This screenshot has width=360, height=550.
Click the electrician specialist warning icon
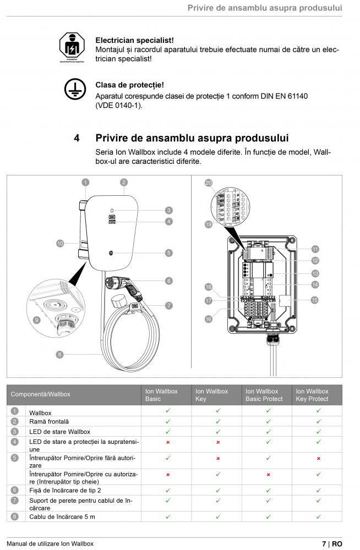(73, 48)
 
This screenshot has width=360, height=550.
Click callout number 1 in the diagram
(85, 182)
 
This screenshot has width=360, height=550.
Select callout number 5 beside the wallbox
(168, 253)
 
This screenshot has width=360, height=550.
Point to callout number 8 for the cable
(59, 354)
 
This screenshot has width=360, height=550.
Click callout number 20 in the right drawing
(209, 183)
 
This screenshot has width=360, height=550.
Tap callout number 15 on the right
(314, 300)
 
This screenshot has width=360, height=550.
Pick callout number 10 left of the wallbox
(59, 243)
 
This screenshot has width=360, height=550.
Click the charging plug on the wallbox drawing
(124, 283)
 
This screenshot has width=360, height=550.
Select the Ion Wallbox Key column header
(211, 395)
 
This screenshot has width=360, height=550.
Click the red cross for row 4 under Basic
(168, 442)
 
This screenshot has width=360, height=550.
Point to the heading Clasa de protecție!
(129, 85)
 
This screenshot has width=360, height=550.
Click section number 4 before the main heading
(77, 138)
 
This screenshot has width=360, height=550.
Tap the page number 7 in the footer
(324, 543)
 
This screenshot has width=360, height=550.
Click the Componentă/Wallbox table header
(40, 394)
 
